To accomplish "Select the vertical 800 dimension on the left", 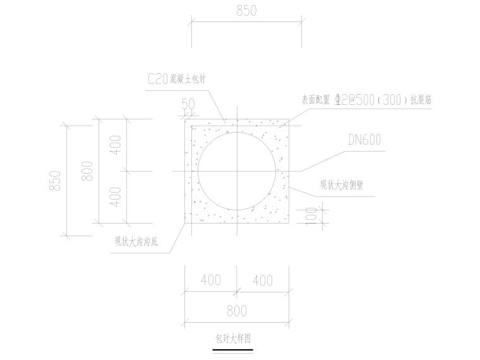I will coord(88,171).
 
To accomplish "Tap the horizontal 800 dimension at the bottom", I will coord(236,311).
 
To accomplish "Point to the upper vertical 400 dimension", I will coord(116,146).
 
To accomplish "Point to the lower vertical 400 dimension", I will coord(116,197).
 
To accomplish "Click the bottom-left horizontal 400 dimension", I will coord(211,280).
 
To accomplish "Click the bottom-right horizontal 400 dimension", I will coord(263,280).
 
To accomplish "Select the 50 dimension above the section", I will coord(188,104).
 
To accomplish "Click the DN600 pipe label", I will coord(364,140).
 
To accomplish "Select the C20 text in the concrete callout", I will coord(157,79).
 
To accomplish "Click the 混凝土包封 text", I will coord(188,80).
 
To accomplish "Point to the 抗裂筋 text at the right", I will coord(421,99).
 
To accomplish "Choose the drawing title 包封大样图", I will coord(233,339).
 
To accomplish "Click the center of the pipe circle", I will coord(237,171).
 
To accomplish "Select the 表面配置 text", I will coord(316,100).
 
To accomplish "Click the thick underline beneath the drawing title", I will coord(233,349).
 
